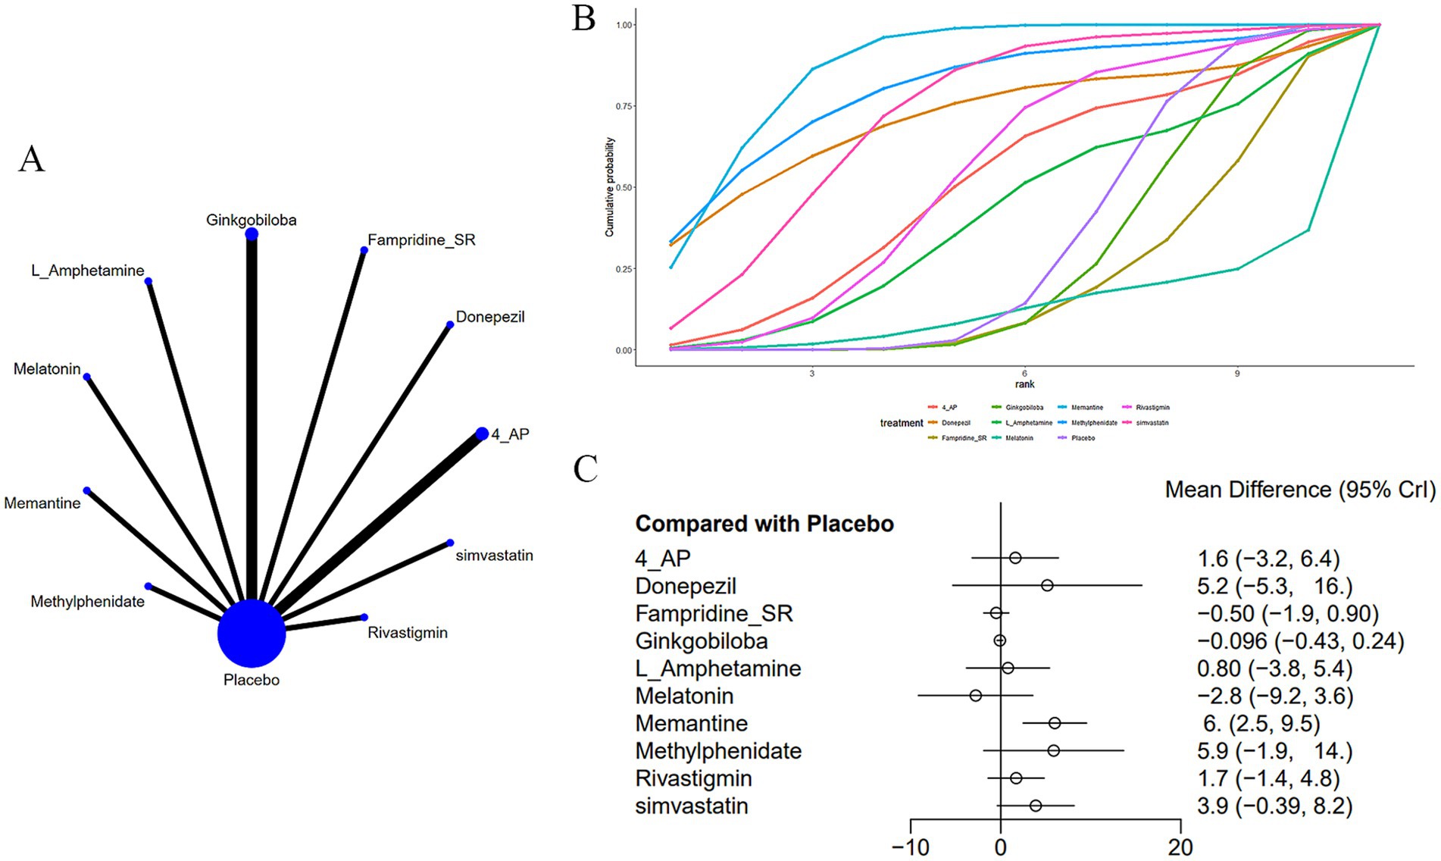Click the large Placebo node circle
click(x=252, y=634)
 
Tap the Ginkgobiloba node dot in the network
click(x=252, y=234)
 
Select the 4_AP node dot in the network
click(x=482, y=434)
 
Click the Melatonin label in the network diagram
click(x=47, y=369)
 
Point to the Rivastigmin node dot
click(x=364, y=617)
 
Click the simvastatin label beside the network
click(x=494, y=556)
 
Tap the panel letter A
click(x=32, y=159)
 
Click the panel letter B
click(x=583, y=18)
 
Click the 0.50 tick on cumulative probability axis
click(x=624, y=187)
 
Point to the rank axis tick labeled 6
click(x=1024, y=374)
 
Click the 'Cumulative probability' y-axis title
click(x=609, y=187)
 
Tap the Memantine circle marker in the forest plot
click(x=1055, y=723)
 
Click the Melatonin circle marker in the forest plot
click(x=976, y=696)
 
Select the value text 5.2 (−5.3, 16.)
click(x=1274, y=586)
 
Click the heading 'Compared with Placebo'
click(x=764, y=524)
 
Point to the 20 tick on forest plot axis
click(x=1180, y=847)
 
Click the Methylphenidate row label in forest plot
click(x=718, y=751)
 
